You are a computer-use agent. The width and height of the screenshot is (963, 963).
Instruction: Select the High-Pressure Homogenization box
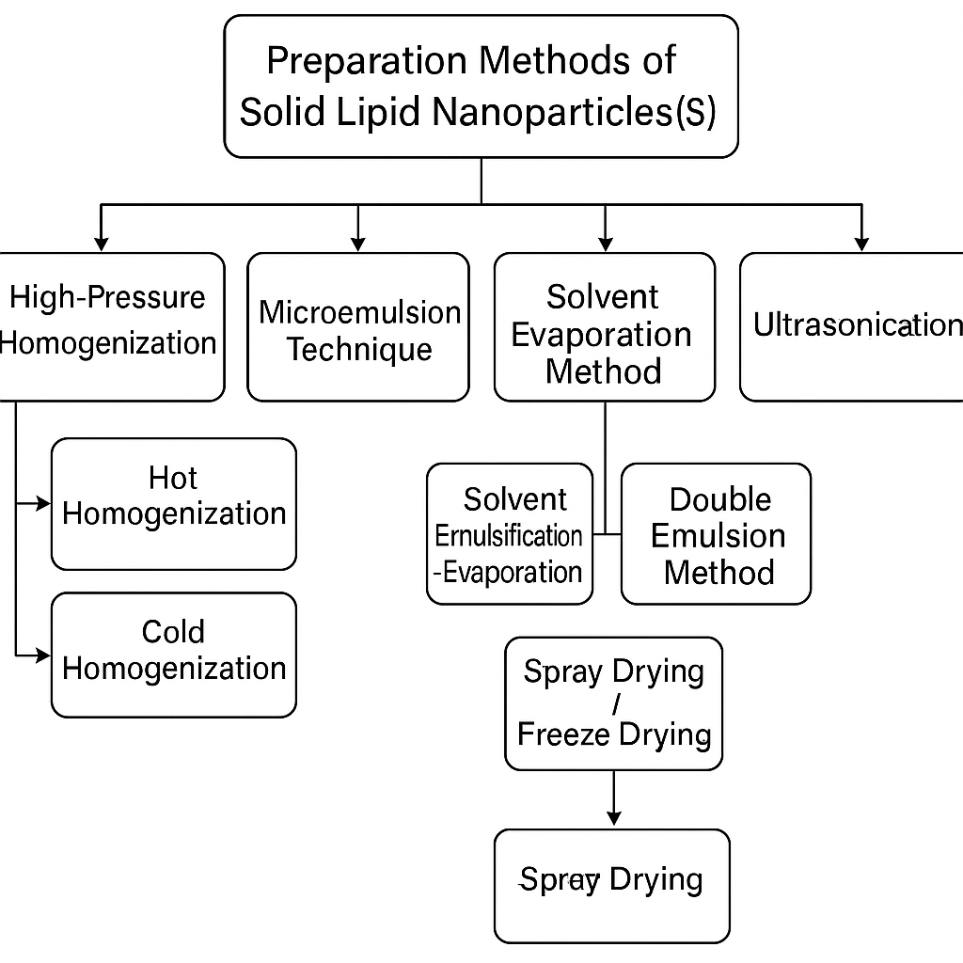108,324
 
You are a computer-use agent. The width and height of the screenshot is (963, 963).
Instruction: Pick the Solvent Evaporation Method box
604,334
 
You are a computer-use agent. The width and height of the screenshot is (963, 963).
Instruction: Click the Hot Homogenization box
174,503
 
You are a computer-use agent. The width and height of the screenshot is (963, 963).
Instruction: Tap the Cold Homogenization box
174,654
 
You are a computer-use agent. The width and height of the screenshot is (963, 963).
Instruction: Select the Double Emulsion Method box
716,534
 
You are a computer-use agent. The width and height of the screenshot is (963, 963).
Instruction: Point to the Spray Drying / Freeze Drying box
613,703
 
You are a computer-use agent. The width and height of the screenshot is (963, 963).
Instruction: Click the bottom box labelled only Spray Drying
612,884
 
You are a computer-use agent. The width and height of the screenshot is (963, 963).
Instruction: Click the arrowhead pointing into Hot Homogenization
43,504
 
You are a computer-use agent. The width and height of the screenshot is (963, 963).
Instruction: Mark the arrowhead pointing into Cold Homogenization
43,655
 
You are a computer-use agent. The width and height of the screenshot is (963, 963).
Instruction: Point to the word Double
720,499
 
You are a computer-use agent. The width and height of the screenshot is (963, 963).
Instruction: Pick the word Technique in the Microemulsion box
359,350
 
